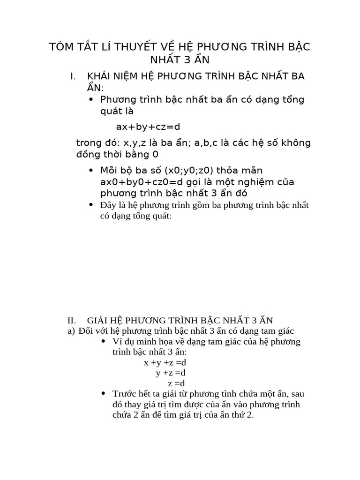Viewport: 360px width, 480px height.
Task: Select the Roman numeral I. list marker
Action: click(x=73, y=76)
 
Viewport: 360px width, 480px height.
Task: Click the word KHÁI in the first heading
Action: click(x=99, y=76)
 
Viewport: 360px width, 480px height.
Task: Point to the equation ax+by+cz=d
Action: click(x=148, y=127)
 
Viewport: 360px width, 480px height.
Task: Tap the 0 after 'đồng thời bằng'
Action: click(x=155, y=155)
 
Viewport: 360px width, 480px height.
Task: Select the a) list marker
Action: click(x=72, y=331)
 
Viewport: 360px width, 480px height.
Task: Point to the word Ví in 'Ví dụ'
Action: click(x=117, y=341)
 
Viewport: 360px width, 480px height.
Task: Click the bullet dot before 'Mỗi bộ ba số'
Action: click(x=91, y=171)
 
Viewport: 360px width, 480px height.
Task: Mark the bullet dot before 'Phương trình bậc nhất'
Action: click(x=91, y=100)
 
